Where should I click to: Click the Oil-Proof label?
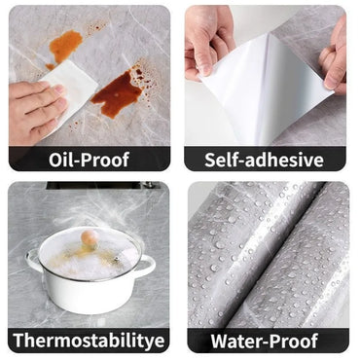[90, 160]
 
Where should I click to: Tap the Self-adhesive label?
[269, 160]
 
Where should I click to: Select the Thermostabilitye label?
[90, 341]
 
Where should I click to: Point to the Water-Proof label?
[269, 341]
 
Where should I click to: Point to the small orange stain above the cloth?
[66, 44]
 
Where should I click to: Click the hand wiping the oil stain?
[34, 109]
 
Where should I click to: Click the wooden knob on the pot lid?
[90, 237]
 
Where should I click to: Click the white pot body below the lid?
[90, 292]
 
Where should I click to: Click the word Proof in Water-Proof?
[298, 341]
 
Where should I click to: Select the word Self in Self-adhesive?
[226, 160]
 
